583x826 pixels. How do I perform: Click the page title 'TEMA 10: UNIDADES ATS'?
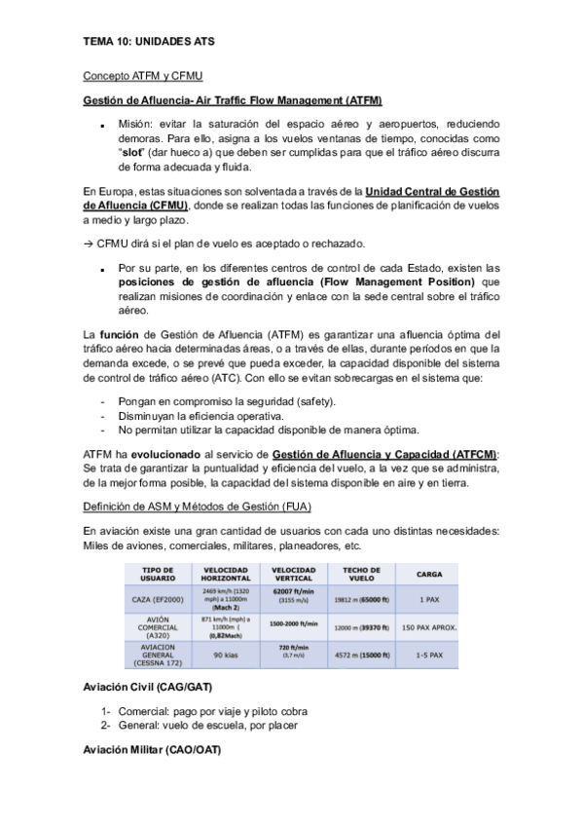(x=149, y=43)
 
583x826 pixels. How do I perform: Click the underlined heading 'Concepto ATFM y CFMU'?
(x=142, y=75)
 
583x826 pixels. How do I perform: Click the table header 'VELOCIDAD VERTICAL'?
(x=293, y=574)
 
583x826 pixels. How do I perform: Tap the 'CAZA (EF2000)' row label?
(x=159, y=600)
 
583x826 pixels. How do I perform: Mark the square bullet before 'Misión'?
(x=101, y=127)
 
